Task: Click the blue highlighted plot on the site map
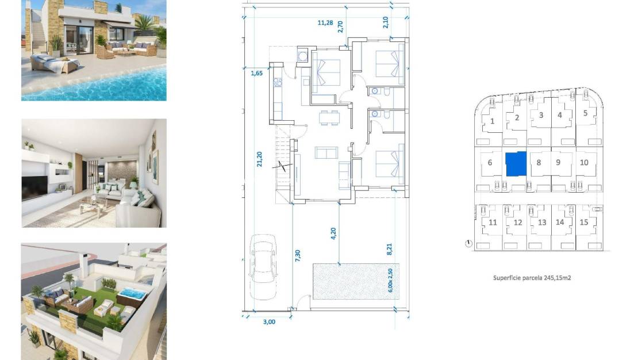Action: pyautogui.click(x=516, y=164)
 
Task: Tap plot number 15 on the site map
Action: pyautogui.click(x=584, y=223)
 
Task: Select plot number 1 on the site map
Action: pyautogui.click(x=493, y=121)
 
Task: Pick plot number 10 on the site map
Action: pyautogui.click(x=584, y=163)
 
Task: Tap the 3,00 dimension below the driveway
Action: pyautogui.click(x=269, y=322)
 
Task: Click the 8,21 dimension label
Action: pyautogui.click(x=389, y=248)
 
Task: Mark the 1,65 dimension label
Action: pyautogui.click(x=256, y=73)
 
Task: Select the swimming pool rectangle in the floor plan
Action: pyautogui.click(x=355, y=281)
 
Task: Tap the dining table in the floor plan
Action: pyautogui.click(x=329, y=117)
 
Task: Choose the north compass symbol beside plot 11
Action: pyautogui.click(x=468, y=244)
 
